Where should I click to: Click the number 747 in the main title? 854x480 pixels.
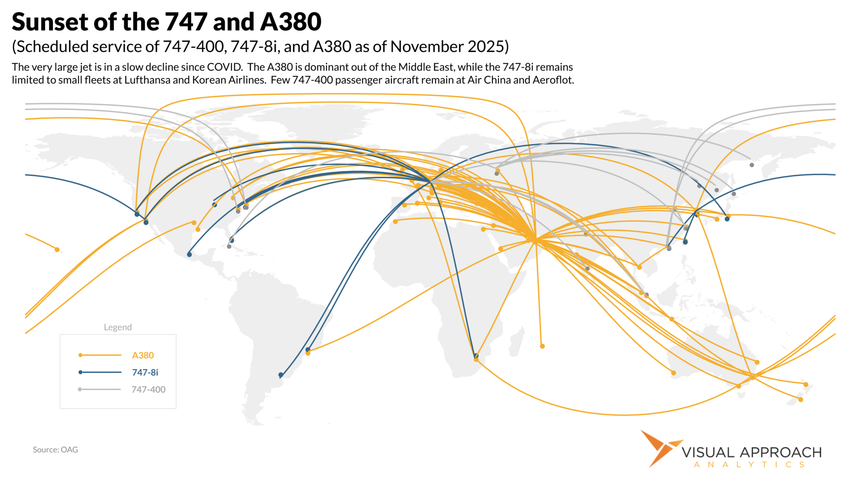(x=186, y=22)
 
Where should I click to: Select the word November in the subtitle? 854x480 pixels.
(x=427, y=47)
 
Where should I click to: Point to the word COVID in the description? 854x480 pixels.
(x=225, y=67)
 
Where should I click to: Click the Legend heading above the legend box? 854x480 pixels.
(x=118, y=327)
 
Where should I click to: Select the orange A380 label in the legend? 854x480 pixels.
(x=143, y=355)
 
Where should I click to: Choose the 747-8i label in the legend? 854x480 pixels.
(x=145, y=372)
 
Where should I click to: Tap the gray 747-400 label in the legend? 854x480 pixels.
(x=148, y=389)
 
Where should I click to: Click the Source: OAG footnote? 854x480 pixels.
(x=55, y=450)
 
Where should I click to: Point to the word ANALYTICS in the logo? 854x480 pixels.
(x=749, y=465)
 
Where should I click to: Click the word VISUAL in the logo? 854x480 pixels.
(x=708, y=452)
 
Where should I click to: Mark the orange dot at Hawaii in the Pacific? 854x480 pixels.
(x=57, y=250)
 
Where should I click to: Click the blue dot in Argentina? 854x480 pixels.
(x=281, y=375)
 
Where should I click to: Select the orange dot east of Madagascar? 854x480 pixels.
(x=542, y=346)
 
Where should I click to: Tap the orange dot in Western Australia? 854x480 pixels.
(x=673, y=373)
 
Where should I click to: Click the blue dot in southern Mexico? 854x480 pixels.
(x=189, y=255)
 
